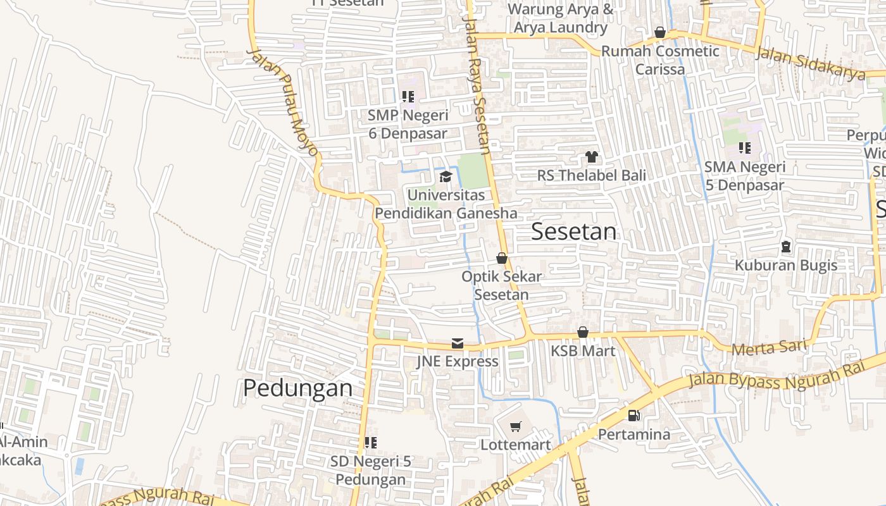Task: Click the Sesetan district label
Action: pos(573,231)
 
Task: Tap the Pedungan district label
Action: pos(298,388)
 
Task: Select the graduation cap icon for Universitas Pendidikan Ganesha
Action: pos(446,176)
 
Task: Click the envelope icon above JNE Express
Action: pos(457,343)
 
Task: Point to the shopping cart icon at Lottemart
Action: pos(516,427)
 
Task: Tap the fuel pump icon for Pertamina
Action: pos(633,416)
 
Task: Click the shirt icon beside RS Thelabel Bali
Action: pos(591,157)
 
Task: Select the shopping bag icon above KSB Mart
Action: pos(583,332)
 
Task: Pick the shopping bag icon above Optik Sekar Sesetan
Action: pos(502,258)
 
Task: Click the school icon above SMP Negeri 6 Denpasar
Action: pos(408,97)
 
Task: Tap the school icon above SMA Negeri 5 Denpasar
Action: pos(745,148)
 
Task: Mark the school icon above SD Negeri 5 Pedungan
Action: pos(370,443)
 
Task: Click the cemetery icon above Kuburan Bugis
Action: pos(786,247)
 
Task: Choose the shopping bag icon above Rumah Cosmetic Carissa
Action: pos(660,32)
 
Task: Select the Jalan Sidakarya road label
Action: pos(811,64)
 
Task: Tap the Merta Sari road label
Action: pos(769,347)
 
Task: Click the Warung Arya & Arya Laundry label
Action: pos(561,18)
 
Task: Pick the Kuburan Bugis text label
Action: pos(786,265)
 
